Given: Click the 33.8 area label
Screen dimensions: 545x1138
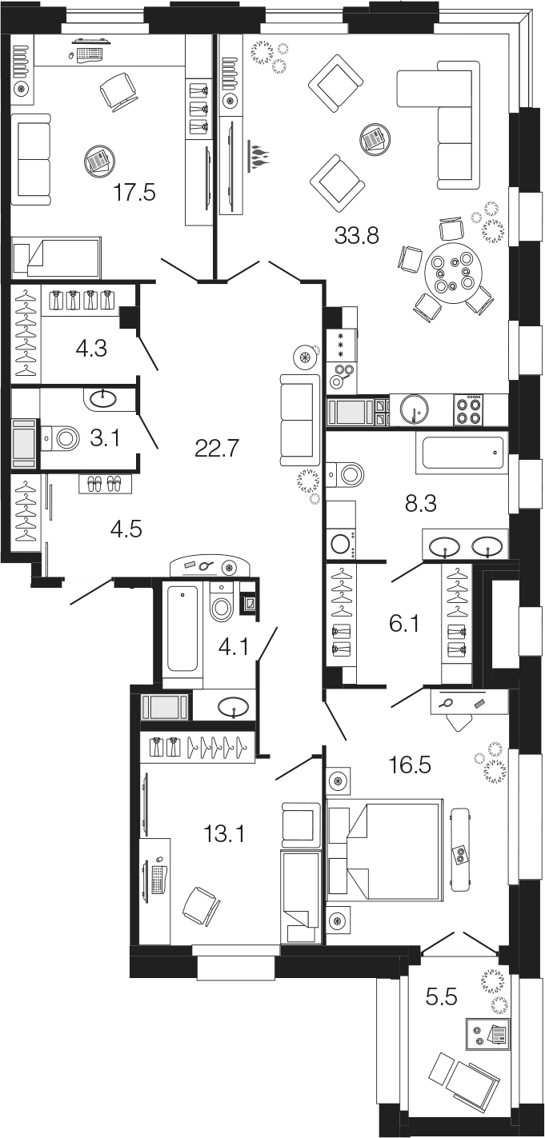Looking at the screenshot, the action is tap(357, 235).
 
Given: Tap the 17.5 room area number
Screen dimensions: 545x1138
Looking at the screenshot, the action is tap(134, 193).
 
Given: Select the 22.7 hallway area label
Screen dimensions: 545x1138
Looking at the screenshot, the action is tap(217, 449).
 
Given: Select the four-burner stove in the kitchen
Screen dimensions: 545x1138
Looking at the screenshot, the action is tap(467, 409).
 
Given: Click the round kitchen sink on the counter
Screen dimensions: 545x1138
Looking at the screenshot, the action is tap(414, 409).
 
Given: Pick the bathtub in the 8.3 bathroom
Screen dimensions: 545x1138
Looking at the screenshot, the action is tap(462, 453).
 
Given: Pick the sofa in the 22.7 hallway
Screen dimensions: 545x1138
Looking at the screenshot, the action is tap(300, 420).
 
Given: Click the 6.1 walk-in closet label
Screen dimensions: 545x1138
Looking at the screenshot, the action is tap(404, 623).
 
